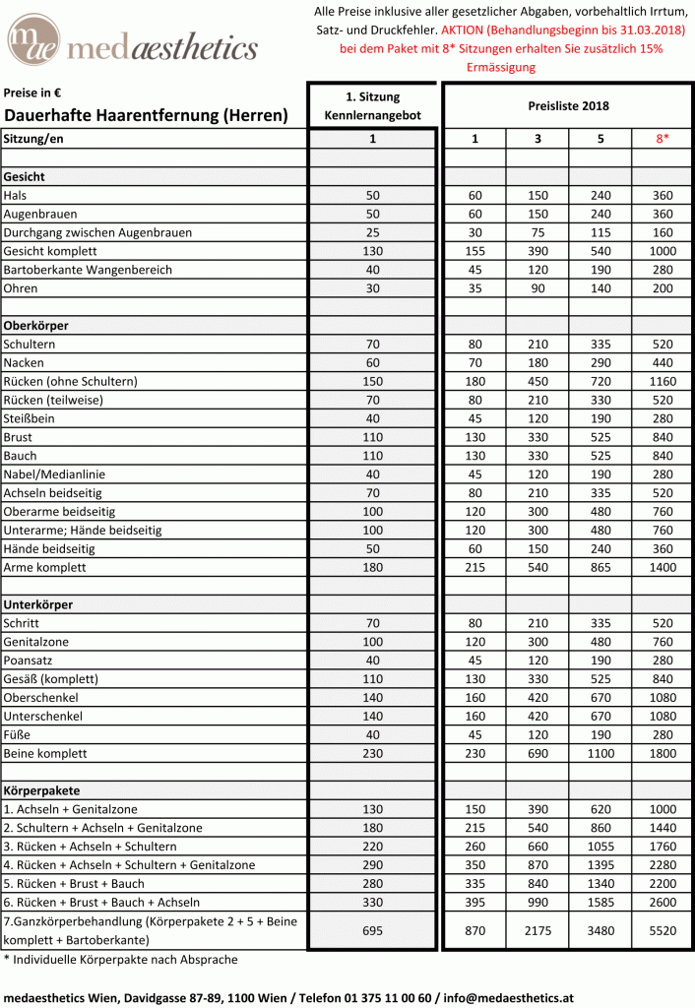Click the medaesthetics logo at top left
pyautogui.click(x=132, y=44)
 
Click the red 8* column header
pyautogui.click(x=663, y=139)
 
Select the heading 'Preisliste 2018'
pyautogui.click(x=568, y=106)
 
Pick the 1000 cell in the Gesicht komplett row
pyautogui.click(x=663, y=251)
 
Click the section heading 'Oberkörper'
pyautogui.click(x=36, y=325)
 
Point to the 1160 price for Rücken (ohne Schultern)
pyautogui.click(x=663, y=381)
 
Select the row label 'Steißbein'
pyautogui.click(x=31, y=418)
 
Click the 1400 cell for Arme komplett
pyautogui.click(x=663, y=568)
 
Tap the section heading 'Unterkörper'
pyautogui.click(x=38, y=604)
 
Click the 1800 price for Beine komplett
pyautogui.click(x=663, y=753)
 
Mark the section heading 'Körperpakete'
pyautogui.click(x=41, y=790)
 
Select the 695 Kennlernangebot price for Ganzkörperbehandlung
pyautogui.click(x=372, y=930)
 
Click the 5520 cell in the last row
pyautogui.click(x=663, y=930)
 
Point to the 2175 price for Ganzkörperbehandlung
pyautogui.click(x=537, y=930)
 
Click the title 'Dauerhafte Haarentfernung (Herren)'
pyautogui.click(x=147, y=115)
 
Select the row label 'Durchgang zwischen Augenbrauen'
pyautogui.click(x=97, y=232)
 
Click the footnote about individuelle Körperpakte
pyautogui.click(x=120, y=959)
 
